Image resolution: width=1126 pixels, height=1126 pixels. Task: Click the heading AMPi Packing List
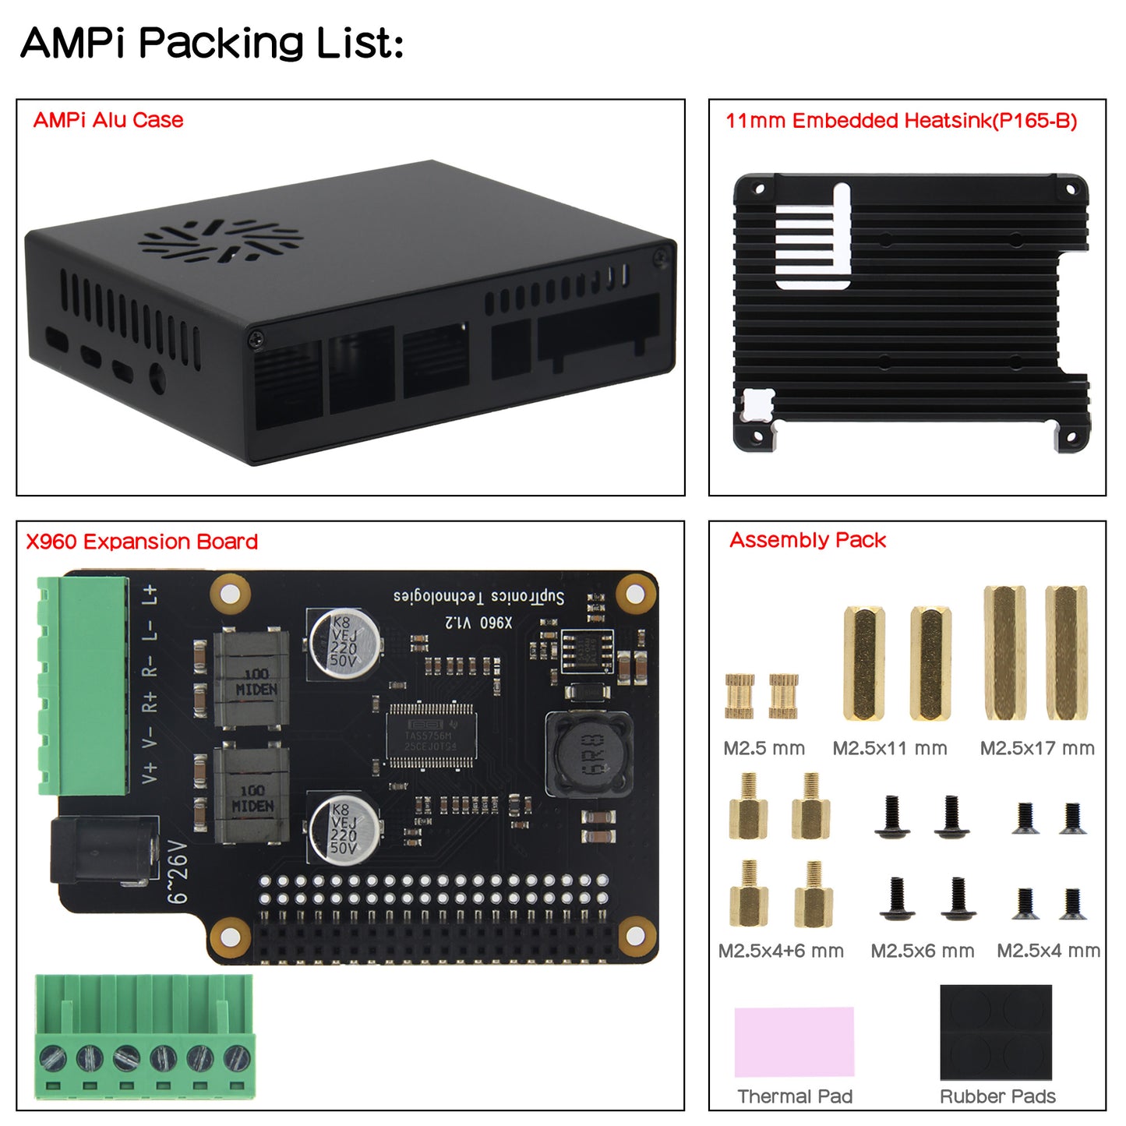212,43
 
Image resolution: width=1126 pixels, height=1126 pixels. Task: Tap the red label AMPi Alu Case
108,120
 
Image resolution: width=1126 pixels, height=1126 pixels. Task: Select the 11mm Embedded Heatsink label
901,121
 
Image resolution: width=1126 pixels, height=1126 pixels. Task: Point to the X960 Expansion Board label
142,542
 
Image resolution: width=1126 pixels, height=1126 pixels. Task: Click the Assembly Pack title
807,540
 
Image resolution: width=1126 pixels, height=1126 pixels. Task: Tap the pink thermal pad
794,1041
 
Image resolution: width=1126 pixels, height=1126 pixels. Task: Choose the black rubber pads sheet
996,1032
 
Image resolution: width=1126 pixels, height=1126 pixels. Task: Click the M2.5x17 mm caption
1037,749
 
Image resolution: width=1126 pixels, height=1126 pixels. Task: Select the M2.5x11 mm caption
890,749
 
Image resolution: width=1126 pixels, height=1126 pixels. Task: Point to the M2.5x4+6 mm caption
781,951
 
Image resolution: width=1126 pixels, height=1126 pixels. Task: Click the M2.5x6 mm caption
923,951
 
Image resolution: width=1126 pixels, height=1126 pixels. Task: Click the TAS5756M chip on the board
430,735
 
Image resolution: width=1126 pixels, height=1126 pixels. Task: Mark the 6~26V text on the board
178,872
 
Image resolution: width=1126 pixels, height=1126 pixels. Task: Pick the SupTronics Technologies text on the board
478,598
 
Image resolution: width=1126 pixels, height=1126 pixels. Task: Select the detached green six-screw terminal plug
145,1036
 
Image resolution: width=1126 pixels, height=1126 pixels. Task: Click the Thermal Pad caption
795,1096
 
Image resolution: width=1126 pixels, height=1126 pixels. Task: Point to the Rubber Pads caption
997,1096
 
